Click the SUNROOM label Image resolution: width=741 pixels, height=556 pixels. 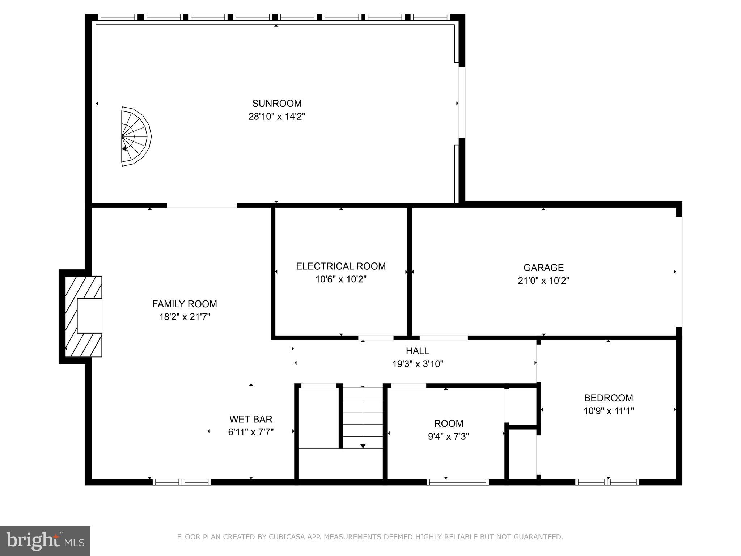pos(277,104)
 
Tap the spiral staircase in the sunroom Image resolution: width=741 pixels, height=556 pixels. pos(135,136)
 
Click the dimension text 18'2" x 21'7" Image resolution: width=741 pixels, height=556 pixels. pos(185,317)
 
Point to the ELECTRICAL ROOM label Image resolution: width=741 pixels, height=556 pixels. pos(341,266)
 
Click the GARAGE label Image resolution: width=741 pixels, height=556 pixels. pos(543,268)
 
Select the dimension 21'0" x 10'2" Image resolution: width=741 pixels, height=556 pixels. pos(543,281)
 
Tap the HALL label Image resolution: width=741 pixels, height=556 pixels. pos(418,351)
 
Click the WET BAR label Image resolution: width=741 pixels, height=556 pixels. pos(251,419)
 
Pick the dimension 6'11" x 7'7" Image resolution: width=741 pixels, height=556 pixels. pos(251,432)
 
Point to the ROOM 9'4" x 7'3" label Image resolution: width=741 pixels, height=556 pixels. pos(449,424)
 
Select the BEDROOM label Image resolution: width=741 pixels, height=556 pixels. pos(609,398)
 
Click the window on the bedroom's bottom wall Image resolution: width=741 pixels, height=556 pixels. pos(607,482)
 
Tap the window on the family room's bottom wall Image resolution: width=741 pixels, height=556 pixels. pos(182,482)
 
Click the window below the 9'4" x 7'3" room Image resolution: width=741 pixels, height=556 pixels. pos(458,482)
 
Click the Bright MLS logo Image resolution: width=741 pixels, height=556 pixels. pos(45,541)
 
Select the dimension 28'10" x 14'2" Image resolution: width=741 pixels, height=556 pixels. pos(277,117)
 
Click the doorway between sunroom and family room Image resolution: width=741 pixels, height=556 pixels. pos(202,206)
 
